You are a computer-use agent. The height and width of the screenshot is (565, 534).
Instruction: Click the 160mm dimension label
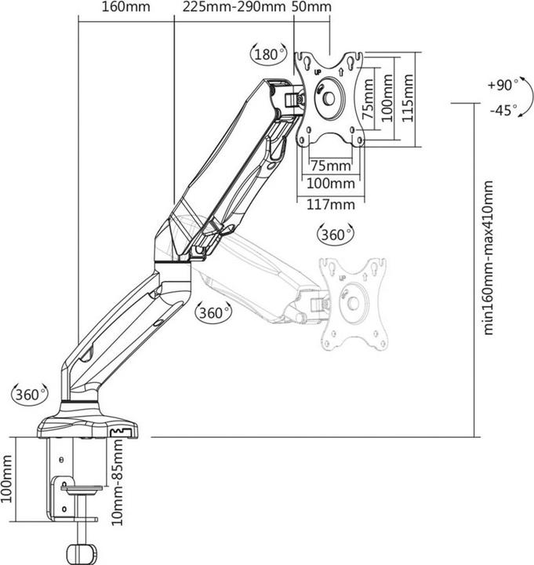[x=125, y=8]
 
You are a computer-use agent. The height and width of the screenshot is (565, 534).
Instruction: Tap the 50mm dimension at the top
[x=311, y=8]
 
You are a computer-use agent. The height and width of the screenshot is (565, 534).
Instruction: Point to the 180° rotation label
[x=268, y=55]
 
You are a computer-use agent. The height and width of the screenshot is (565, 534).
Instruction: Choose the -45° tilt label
[x=502, y=111]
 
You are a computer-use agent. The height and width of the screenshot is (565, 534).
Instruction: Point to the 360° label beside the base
[x=30, y=395]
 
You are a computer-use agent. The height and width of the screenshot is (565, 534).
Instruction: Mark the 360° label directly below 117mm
[x=334, y=234]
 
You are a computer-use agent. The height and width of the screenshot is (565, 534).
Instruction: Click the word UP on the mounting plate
[x=318, y=72]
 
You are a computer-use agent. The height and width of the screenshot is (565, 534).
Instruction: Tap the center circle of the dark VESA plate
[x=329, y=98]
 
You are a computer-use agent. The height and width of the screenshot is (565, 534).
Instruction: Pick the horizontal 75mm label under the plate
[x=329, y=166]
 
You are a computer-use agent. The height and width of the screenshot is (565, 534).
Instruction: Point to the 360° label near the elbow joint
[x=214, y=312]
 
